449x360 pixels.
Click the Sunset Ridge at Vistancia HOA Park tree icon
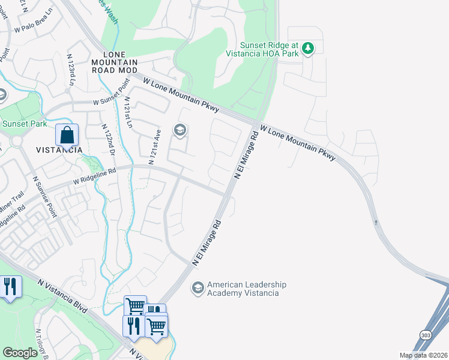tap(308, 47)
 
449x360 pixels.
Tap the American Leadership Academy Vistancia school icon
tap(197, 289)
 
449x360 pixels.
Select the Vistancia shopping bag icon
tap(67, 136)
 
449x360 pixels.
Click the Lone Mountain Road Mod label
tap(115, 62)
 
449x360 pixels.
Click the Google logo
tap(20, 353)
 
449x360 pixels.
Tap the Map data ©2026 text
tap(423, 355)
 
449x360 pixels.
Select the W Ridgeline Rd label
tap(94, 175)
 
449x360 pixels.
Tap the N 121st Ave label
tap(155, 149)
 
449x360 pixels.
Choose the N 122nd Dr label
tap(108, 140)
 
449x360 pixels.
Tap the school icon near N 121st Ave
tap(179, 130)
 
